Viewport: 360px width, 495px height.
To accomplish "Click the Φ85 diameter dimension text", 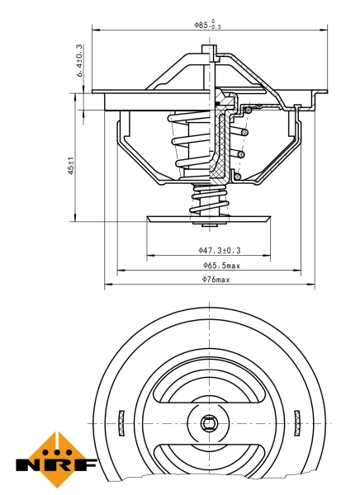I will (x=207, y=25).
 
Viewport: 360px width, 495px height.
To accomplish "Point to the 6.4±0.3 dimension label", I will (x=79, y=62).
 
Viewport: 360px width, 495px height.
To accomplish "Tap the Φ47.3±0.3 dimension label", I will (x=219, y=249).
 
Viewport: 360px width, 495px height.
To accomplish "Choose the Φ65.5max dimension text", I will (x=220, y=265).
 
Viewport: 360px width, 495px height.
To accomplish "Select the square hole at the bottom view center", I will (x=209, y=424).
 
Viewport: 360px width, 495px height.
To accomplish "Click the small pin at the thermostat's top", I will (x=214, y=55).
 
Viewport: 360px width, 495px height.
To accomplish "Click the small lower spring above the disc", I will (x=208, y=200).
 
